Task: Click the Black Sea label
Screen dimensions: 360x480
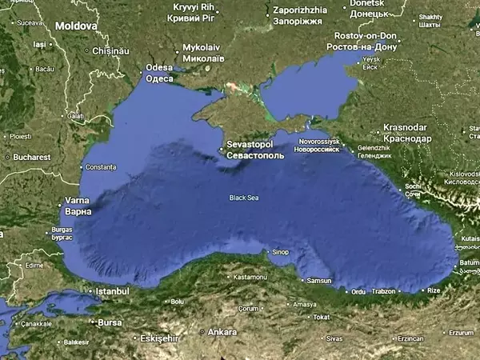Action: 244,198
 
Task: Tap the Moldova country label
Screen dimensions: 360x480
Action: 76,26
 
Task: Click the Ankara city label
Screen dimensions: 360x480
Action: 222,331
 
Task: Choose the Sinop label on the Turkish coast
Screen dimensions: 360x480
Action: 280,252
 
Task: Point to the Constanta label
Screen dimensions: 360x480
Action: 101,167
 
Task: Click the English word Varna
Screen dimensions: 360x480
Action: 78,201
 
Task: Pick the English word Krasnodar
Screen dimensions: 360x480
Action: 406,128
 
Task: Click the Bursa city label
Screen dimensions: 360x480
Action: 109,322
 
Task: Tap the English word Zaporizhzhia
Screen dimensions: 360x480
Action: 298,10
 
